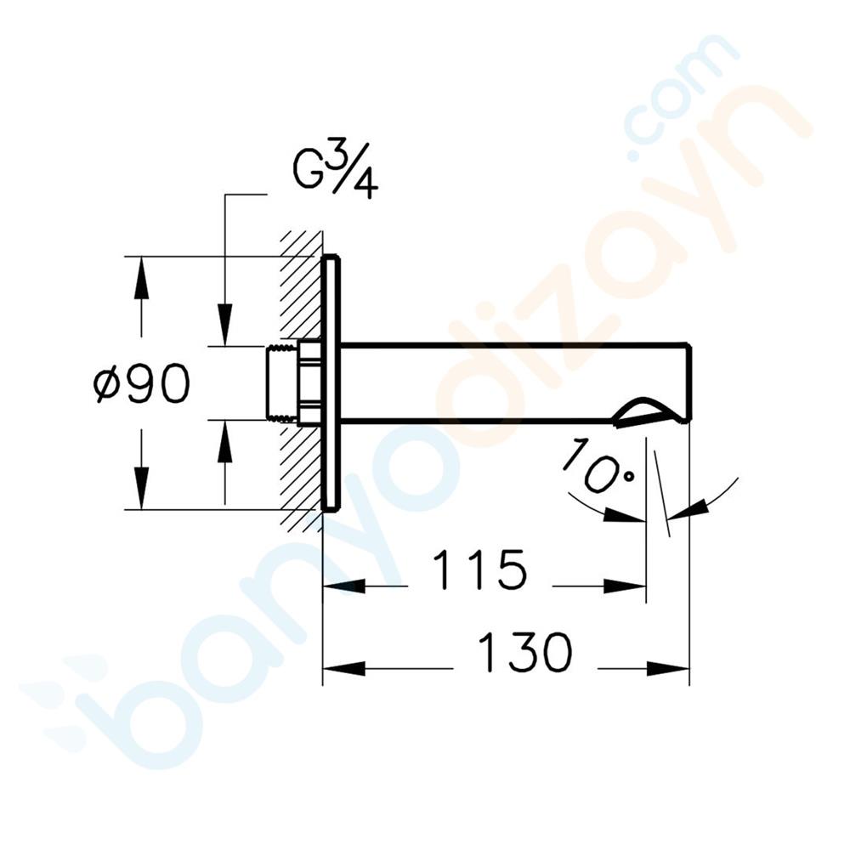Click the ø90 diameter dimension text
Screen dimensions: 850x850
[141, 385]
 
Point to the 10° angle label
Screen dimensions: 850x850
[598, 466]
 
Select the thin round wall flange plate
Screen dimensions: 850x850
[331, 382]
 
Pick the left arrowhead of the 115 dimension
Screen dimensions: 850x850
[344, 586]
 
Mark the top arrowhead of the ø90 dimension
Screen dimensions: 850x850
[141, 276]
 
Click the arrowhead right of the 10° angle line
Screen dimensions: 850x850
[688, 508]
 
